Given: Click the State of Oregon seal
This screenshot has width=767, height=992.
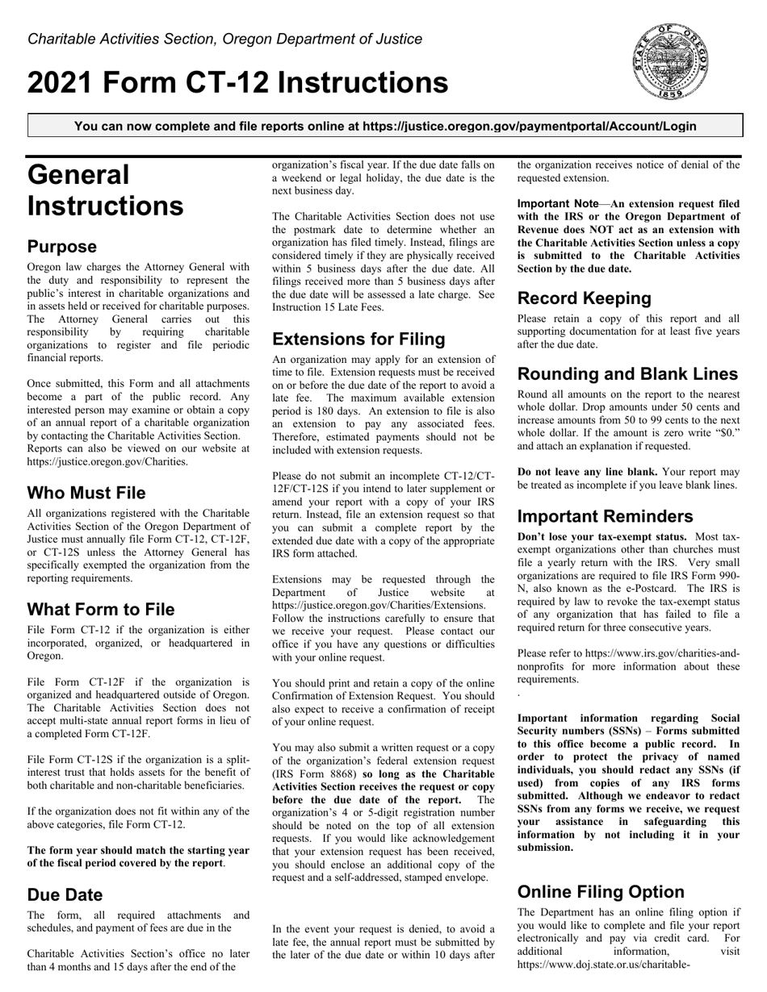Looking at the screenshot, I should click(x=671, y=61).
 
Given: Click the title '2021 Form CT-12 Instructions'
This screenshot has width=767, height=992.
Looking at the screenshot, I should click(x=237, y=83).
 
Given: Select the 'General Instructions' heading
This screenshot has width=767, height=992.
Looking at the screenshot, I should click(x=105, y=190).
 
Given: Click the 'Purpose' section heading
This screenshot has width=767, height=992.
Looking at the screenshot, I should click(x=62, y=247).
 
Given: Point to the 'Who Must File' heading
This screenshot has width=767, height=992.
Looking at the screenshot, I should click(x=86, y=493).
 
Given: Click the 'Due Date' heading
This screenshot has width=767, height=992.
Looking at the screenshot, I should click(x=65, y=894).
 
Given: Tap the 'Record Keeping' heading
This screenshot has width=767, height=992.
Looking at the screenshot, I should click(x=584, y=298).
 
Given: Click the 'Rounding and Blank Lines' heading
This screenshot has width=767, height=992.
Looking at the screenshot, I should click(x=627, y=374).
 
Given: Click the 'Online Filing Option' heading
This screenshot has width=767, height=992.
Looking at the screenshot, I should click(x=601, y=891).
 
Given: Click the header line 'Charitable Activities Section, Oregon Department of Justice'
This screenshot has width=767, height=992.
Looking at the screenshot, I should click(x=224, y=39).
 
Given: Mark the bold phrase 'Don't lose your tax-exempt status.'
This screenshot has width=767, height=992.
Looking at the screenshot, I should click(x=601, y=536).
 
